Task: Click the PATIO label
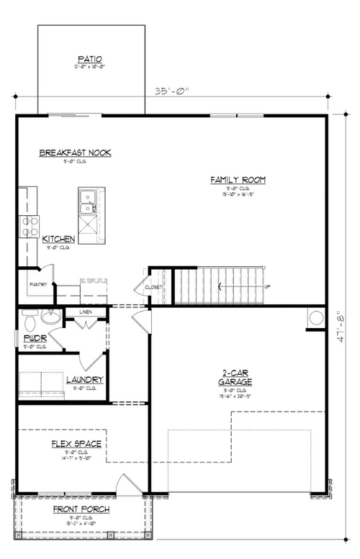tap(91, 58)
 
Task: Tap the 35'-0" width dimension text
tap(171, 91)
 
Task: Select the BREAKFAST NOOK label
tap(75, 153)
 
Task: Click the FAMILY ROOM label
tap(238, 179)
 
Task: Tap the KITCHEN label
tap(58, 239)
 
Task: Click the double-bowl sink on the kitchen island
tap(91, 201)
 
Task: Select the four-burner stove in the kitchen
tap(30, 227)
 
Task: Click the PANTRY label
tap(38, 284)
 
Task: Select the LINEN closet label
tap(86, 312)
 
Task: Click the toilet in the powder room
tap(29, 317)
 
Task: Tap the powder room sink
tap(50, 317)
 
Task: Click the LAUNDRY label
tap(84, 380)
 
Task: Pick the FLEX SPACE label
tap(76, 444)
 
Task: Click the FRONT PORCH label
tap(81, 509)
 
